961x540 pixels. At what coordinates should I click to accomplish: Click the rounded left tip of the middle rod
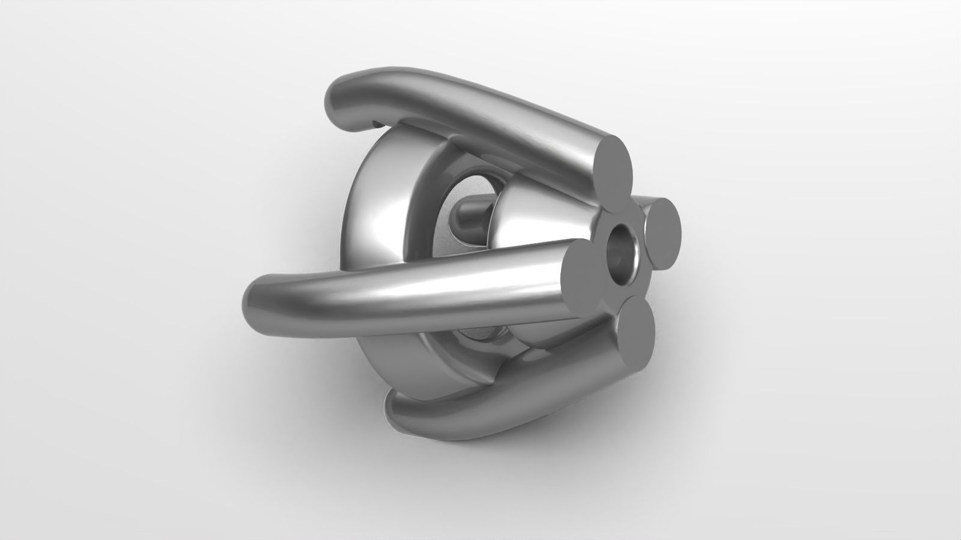[x=255, y=300]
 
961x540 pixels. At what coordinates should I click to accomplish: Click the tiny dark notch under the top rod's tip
[x=377, y=124]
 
